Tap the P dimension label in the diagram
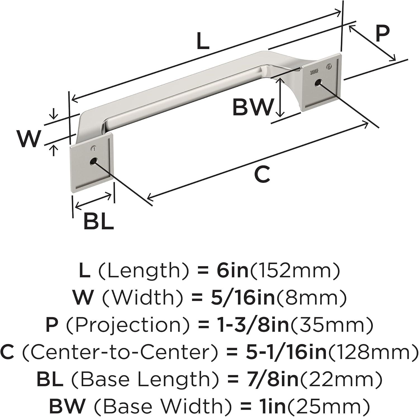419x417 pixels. pos(382,33)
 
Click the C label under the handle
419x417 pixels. pos(262,174)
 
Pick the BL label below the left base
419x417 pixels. pos(99,221)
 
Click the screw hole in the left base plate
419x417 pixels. pos(93,161)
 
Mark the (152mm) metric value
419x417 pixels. pos(294,271)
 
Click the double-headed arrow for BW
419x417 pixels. pos(280,97)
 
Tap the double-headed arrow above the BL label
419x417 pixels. pos(93,201)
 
